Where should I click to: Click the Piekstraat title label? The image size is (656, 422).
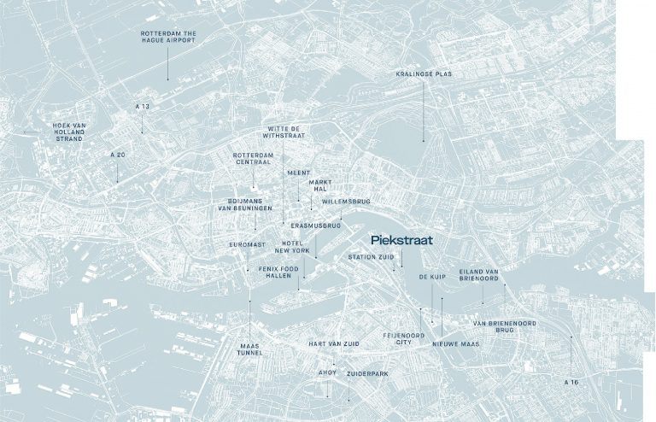point(402,241)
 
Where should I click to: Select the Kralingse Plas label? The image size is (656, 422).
point(424,74)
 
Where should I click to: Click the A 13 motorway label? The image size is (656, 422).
point(142,106)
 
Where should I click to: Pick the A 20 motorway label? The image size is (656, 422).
point(118,155)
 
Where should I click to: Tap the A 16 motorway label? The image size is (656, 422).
point(571,381)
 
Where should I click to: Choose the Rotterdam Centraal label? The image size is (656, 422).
point(252,159)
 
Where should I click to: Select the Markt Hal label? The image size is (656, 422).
point(320,186)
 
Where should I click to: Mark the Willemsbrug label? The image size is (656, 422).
point(346,202)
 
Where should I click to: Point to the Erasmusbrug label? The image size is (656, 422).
point(316,226)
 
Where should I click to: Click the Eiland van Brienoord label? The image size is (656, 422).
point(478,275)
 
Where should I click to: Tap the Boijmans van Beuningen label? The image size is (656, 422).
point(246,204)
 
